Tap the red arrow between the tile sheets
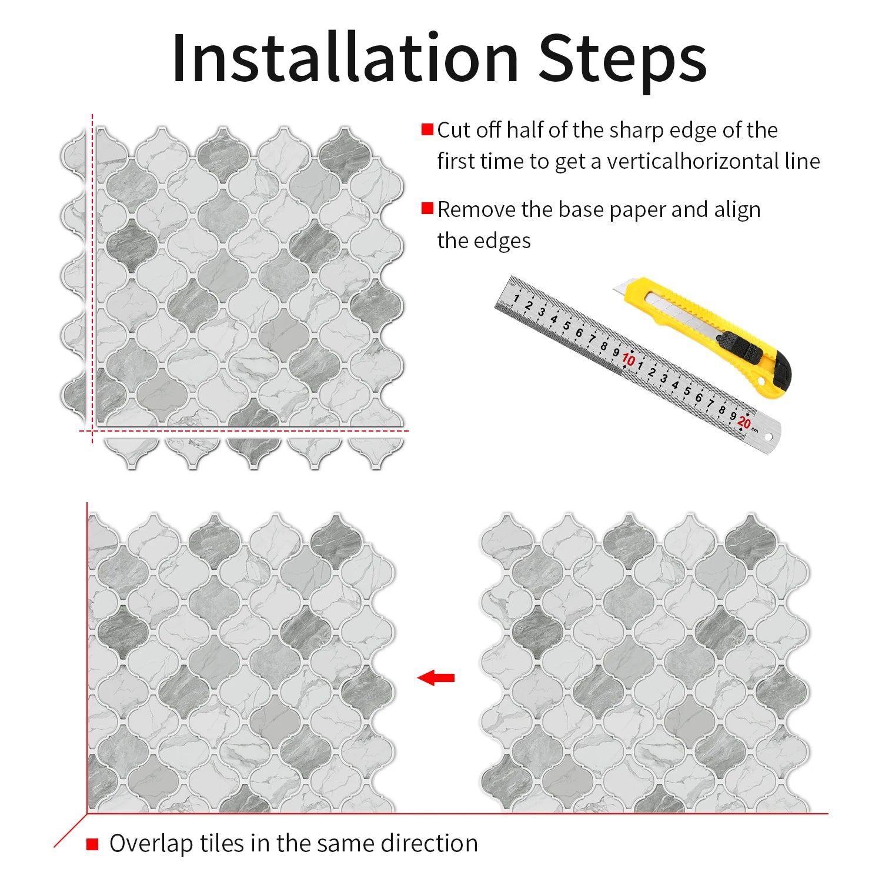coord(436,678)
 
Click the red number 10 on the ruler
coord(629,359)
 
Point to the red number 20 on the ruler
coord(744,423)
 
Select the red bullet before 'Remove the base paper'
coord(427,209)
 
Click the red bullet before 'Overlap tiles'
coord(92,844)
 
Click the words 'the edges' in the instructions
coord(484,241)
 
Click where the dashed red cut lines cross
coord(92,431)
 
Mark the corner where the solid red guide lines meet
coord(87,814)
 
